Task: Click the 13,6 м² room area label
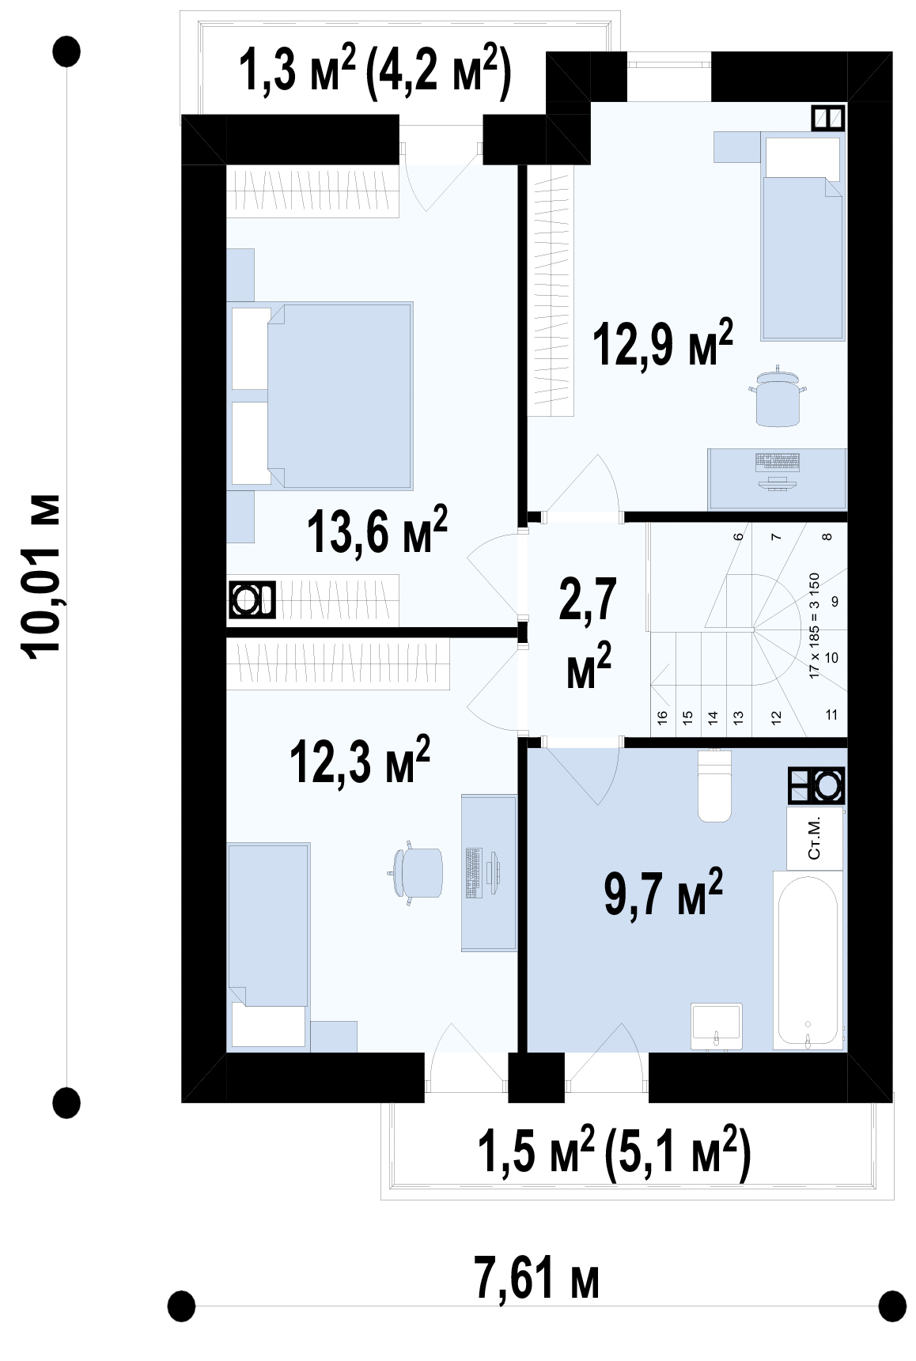click(377, 530)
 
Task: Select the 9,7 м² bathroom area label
click(664, 892)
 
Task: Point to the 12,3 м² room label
click(360, 760)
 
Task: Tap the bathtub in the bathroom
click(807, 961)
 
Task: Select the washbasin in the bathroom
click(717, 1026)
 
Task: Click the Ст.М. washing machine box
click(815, 838)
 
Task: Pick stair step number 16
click(663, 716)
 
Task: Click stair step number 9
click(835, 602)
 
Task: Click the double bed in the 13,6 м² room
click(320, 395)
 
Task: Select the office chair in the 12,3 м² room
click(416, 873)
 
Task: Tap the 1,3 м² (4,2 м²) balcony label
click(375, 70)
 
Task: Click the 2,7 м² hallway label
click(589, 633)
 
